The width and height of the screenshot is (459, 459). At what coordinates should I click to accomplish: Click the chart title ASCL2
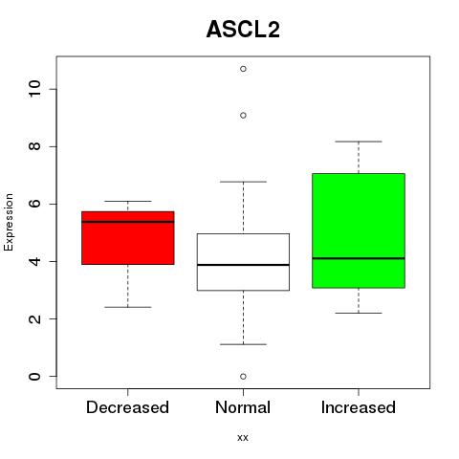243,30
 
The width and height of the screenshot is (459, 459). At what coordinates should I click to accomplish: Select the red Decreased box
128,238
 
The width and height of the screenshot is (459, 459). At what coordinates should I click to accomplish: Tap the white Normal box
243,262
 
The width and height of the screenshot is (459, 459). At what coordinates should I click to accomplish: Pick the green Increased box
359,230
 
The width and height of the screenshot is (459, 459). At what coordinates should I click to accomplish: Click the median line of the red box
128,222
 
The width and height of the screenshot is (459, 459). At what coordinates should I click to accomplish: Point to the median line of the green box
359,258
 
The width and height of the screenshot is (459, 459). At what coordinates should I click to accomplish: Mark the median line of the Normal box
243,265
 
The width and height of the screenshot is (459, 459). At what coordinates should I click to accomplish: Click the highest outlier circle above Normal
243,69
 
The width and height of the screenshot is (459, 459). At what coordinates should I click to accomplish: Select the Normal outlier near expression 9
243,116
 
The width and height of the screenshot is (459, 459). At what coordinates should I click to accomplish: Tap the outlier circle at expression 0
243,377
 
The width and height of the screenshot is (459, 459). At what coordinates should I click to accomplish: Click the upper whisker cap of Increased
359,142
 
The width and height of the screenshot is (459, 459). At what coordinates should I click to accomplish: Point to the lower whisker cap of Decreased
128,307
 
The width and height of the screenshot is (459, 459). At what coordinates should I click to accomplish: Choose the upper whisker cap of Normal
243,182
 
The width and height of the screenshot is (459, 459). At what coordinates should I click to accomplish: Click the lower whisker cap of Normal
243,344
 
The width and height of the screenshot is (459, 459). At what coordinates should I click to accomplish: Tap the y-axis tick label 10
34,89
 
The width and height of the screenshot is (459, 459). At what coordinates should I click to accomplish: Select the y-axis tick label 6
34,204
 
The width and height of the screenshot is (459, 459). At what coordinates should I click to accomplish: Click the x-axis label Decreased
127,407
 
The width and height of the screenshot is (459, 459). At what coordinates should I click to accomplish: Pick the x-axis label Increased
359,407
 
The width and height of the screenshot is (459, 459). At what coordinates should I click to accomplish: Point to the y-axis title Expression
9,222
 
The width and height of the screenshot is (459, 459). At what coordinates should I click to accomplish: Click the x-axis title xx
243,438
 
